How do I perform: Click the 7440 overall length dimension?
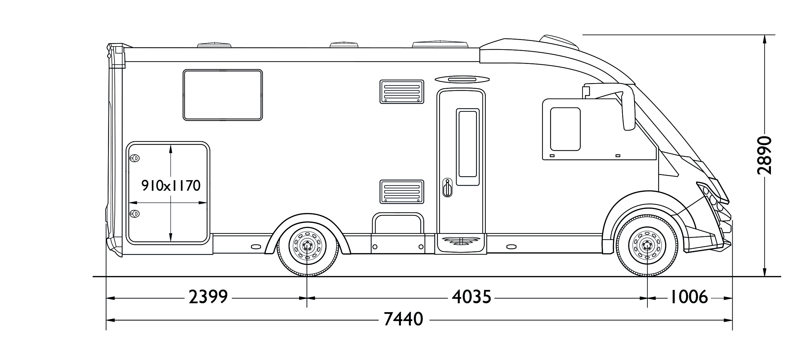coord(403,320)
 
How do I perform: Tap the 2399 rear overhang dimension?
coord(208,297)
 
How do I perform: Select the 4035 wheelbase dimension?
coord(471,297)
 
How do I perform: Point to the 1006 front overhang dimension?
coord(689,297)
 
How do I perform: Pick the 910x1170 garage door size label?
coord(171,186)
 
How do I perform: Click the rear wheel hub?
coord(307,245)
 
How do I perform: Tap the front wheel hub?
coord(647,245)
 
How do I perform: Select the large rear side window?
coord(223,95)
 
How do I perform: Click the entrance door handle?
coord(447,188)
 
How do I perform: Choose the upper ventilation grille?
coord(402,92)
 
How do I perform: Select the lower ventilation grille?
coord(402,192)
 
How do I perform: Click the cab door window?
coord(565,129)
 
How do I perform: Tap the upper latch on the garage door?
coord(135,158)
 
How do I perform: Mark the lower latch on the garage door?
coord(135,214)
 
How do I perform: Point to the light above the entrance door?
coord(462,80)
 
